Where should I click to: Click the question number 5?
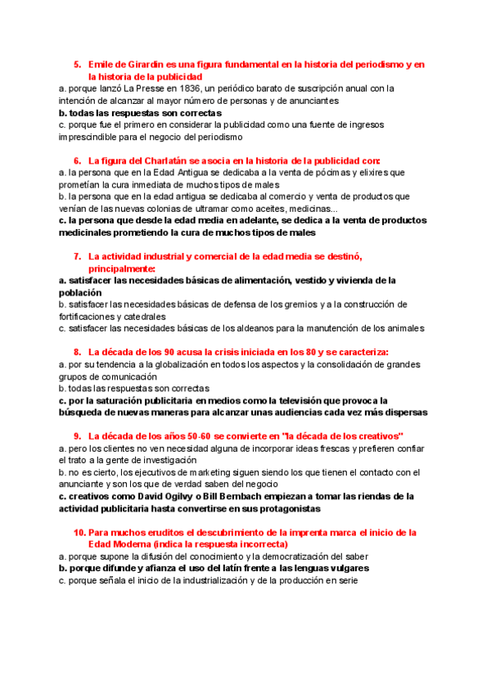click(77, 65)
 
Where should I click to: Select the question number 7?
click(77, 256)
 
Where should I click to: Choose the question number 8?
click(77, 353)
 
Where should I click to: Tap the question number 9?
click(77, 436)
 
